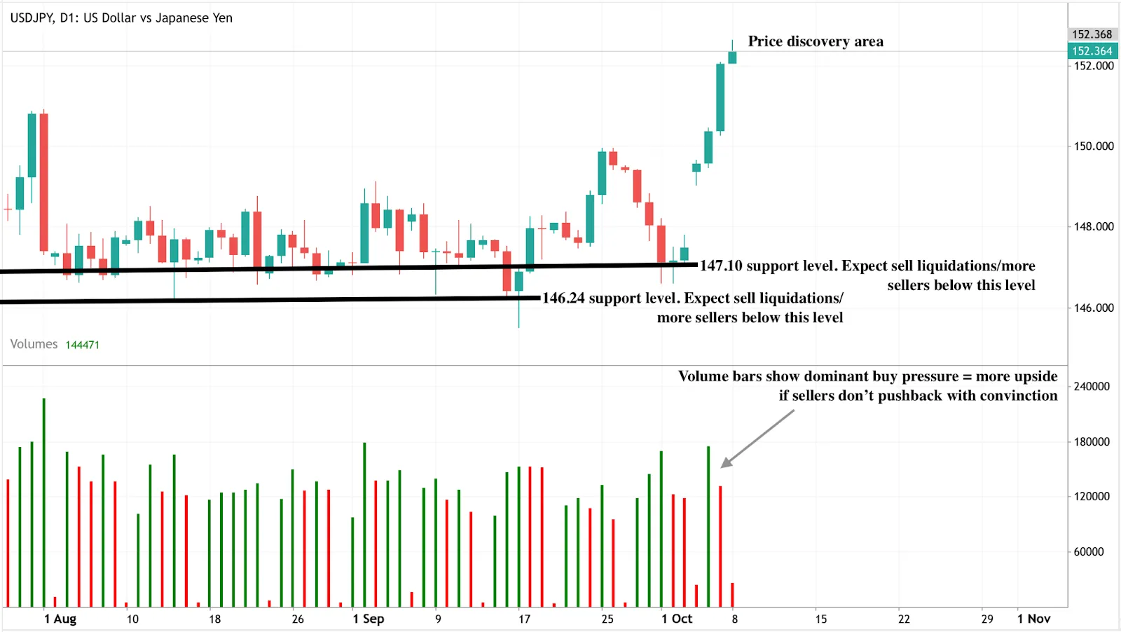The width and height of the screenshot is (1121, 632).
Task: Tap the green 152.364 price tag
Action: [x=1092, y=50]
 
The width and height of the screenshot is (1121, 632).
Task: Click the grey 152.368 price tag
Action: [x=1092, y=34]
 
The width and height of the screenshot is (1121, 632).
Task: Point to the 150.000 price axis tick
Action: [x=1093, y=146]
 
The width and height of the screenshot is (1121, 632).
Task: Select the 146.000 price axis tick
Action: [x=1093, y=308]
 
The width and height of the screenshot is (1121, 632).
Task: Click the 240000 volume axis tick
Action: [x=1092, y=386]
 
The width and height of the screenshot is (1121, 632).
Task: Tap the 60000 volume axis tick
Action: [x=1089, y=551]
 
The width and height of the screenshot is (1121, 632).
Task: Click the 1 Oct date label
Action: [x=677, y=619]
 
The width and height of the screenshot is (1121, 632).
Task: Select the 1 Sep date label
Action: [x=369, y=619]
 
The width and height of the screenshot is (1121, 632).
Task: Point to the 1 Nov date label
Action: [x=1034, y=619]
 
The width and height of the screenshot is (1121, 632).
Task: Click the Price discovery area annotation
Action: [x=816, y=41]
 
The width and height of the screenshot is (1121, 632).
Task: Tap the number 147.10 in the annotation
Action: [x=721, y=266]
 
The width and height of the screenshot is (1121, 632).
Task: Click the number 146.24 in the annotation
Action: [x=563, y=298]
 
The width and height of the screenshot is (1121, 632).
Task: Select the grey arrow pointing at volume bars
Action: [x=757, y=439]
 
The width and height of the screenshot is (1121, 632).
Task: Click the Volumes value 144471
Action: [x=82, y=345]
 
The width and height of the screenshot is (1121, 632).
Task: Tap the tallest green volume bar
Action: [x=43, y=502]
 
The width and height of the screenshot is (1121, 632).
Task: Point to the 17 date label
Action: [x=524, y=619]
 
